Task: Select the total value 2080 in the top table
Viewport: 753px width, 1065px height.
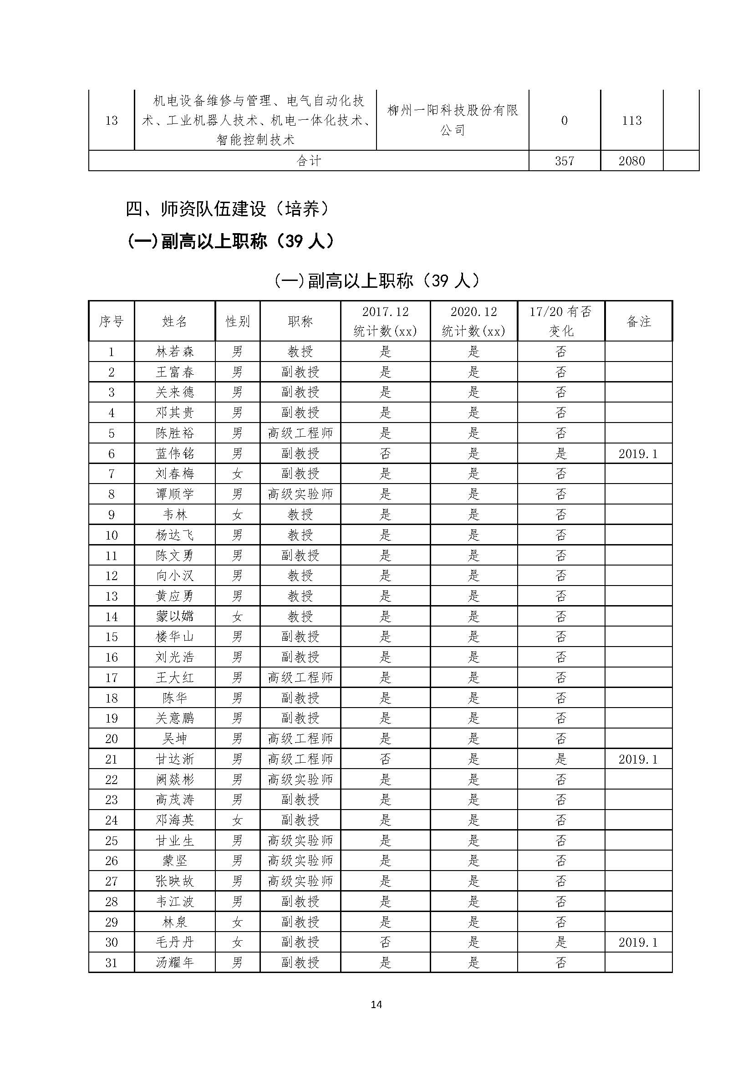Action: (x=631, y=161)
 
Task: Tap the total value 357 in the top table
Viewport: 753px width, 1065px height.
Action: (x=564, y=161)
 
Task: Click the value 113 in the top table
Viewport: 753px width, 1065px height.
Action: (x=631, y=121)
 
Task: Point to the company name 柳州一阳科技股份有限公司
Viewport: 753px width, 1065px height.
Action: (x=452, y=120)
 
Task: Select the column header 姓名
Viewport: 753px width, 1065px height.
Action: (x=175, y=321)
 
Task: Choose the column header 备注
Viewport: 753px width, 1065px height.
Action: (x=638, y=321)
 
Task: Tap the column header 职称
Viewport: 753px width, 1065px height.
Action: (x=300, y=321)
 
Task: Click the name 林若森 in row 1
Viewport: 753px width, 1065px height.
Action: (x=175, y=352)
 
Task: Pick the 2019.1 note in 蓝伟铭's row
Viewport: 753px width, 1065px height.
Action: (x=638, y=454)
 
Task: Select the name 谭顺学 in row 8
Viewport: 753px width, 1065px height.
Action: (x=175, y=494)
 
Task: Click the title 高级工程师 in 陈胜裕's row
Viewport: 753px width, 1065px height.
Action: (x=300, y=433)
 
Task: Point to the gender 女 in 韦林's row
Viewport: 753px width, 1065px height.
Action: (x=237, y=515)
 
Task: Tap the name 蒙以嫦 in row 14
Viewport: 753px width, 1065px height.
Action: (x=175, y=617)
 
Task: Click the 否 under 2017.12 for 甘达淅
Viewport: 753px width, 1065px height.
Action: (x=385, y=759)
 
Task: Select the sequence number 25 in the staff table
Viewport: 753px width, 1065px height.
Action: (x=111, y=841)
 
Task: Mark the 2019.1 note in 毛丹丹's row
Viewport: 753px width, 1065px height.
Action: (x=638, y=943)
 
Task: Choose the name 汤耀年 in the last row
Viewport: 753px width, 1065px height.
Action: (x=175, y=963)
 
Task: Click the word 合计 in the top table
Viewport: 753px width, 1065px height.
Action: (x=308, y=161)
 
